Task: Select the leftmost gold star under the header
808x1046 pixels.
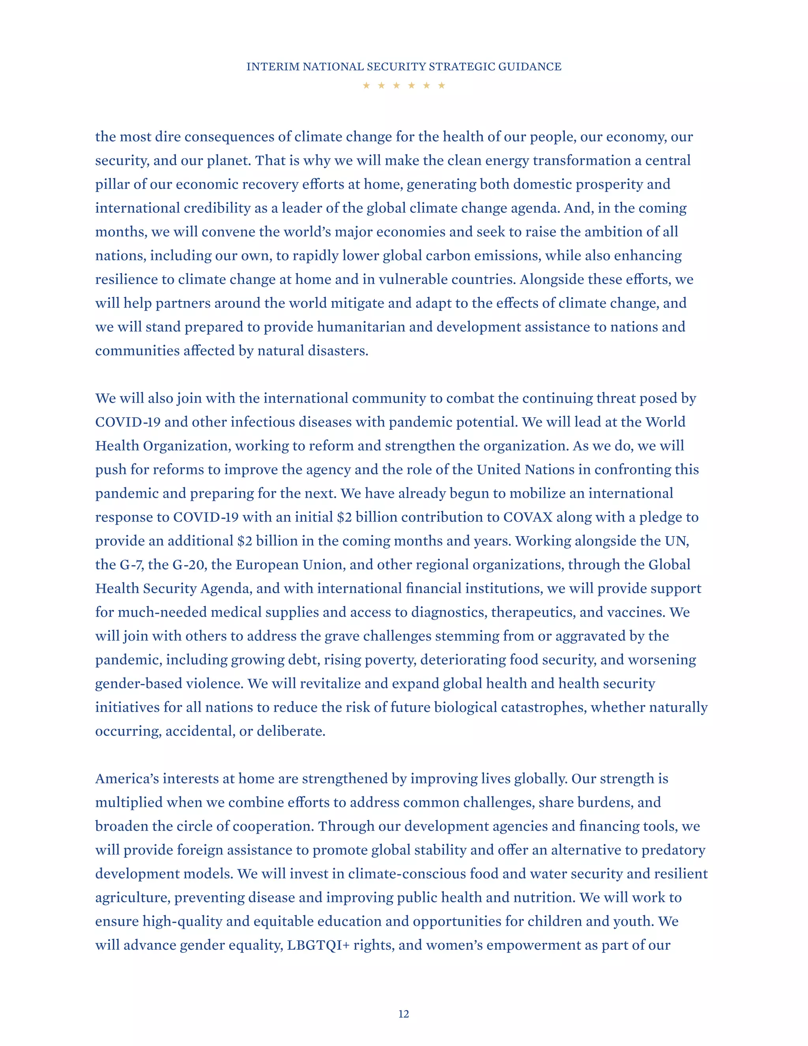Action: [366, 85]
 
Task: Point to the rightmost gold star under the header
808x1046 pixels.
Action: [442, 85]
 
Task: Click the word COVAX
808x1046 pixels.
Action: [527, 517]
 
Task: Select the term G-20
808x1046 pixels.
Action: [189, 565]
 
